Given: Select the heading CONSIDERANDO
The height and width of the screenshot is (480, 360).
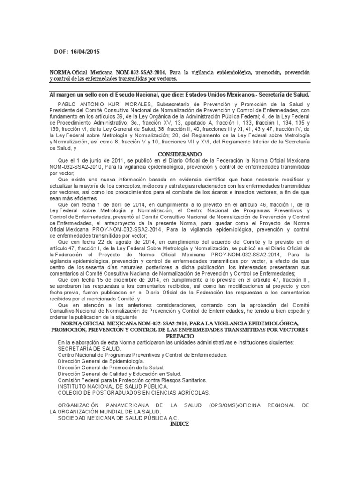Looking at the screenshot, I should coord(180,154).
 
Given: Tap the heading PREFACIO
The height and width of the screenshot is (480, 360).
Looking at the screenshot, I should coord(180,336).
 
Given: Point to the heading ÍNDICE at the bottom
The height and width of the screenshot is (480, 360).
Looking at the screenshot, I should coord(180,423).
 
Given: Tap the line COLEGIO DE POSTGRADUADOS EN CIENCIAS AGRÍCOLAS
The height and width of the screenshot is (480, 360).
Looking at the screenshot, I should coord(134,392).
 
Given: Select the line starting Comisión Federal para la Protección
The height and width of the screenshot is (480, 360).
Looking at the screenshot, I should coord(132,380).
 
